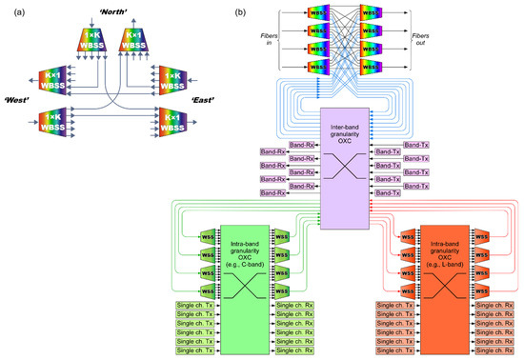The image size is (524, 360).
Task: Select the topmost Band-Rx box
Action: [301, 146]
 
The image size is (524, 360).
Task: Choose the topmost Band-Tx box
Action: [415, 145]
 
